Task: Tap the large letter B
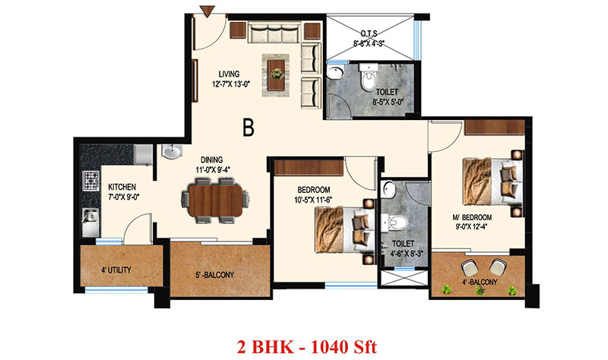coord(249,127)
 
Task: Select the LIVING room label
coord(229,74)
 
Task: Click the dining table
coord(215,201)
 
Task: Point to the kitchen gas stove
coord(91,181)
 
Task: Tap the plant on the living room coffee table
coord(277,73)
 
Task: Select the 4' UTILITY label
coord(116,270)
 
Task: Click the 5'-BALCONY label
coord(214,275)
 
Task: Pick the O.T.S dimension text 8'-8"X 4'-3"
coord(369,43)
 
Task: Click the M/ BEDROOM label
coord(472,217)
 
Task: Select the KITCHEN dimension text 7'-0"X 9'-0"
coord(123,197)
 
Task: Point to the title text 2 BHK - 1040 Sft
coord(307,346)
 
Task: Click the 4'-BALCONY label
coord(480,282)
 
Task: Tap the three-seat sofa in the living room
coord(274,33)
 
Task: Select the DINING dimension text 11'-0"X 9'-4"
coord(213,169)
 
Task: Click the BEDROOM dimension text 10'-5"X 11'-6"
coord(314,200)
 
